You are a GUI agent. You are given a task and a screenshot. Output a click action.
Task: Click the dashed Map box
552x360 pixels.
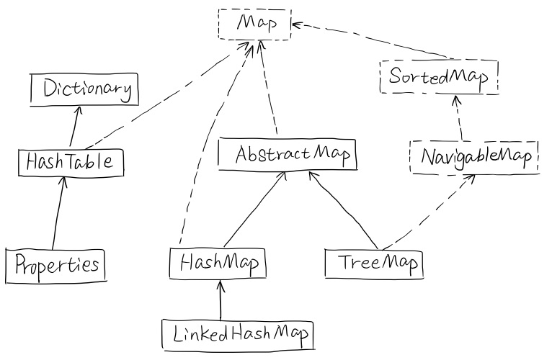[x=254, y=24]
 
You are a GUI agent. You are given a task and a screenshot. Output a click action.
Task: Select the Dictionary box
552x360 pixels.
[x=83, y=90]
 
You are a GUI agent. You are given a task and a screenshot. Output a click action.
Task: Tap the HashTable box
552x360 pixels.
[x=69, y=161]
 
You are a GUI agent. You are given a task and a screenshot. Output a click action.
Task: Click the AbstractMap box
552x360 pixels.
[x=287, y=154]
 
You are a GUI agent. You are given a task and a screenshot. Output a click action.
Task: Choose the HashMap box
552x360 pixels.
[x=216, y=264]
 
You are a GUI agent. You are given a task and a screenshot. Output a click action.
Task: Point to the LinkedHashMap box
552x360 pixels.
[x=238, y=333]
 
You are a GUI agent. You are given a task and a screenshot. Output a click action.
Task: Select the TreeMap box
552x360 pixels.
[x=372, y=264]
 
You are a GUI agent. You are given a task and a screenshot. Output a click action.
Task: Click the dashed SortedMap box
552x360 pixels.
[x=438, y=76]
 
